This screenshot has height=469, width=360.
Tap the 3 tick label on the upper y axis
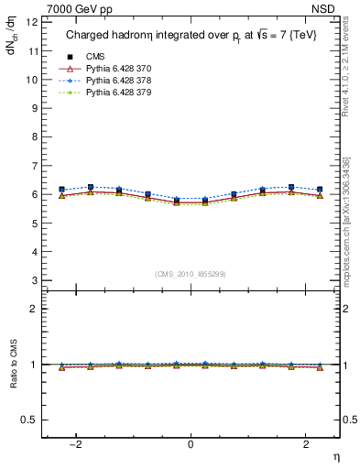click(33, 279)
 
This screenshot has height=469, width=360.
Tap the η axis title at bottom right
click(334, 455)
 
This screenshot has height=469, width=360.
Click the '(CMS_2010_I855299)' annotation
click(191, 273)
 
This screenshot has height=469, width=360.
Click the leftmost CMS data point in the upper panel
click(61, 190)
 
